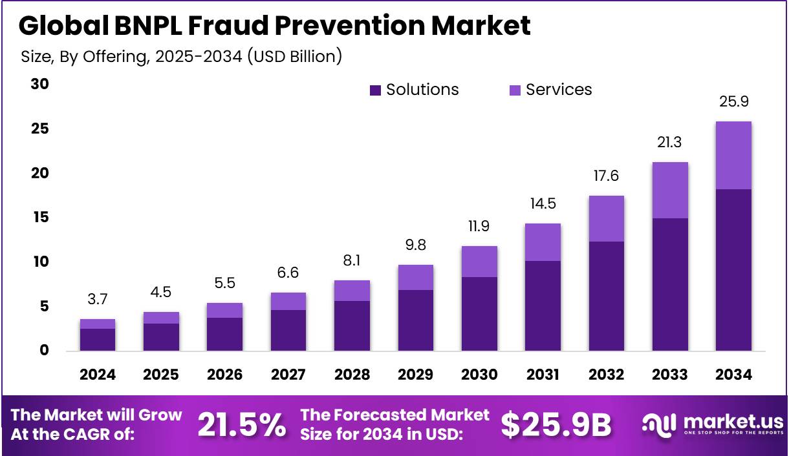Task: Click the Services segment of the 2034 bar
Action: (733, 155)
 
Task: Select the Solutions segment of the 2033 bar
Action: (670, 284)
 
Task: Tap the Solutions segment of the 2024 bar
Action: (98, 340)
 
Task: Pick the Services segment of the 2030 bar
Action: (479, 262)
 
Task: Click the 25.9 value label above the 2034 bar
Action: (733, 101)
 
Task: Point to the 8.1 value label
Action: (352, 261)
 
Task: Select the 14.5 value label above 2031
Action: (543, 204)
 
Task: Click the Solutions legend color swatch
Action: (375, 90)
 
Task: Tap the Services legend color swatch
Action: (515, 90)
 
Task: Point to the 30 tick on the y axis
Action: (40, 85)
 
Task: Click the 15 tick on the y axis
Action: (40, 218)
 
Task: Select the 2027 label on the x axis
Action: (288, 375)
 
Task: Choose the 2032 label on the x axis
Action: (607, 375)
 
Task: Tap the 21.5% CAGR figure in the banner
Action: (241, 424)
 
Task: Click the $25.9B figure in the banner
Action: (556, 424)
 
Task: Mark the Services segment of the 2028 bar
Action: (352, 291)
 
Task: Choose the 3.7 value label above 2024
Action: (98, 299)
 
